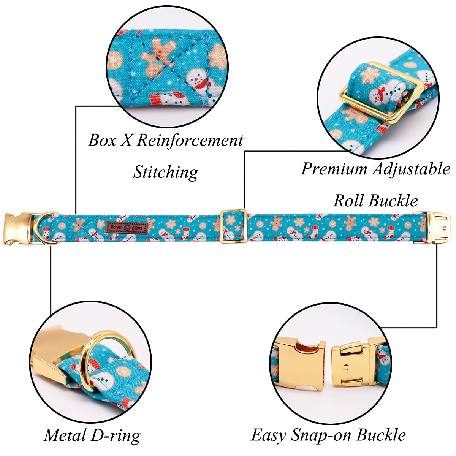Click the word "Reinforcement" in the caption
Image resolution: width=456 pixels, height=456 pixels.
point(190,140)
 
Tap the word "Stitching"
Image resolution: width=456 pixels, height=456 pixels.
point(166,172)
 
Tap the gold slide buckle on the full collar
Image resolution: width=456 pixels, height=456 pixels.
point(234,226)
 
